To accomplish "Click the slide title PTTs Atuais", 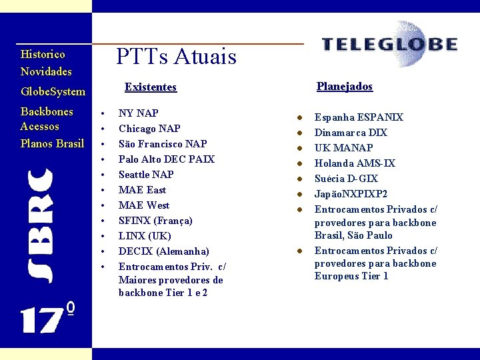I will (176, 56).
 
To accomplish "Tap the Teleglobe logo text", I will (389, 45).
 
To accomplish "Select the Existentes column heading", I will (151, 87).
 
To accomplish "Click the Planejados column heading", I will (345, 87).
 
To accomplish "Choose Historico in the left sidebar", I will (43, 54).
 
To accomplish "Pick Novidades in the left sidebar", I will (46, 71).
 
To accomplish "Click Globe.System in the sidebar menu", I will (53, 91).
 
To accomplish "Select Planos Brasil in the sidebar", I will (52, 143).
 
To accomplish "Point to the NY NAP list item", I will (138, 113).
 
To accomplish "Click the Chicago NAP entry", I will (149, 129).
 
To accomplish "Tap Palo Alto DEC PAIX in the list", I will (167, 159).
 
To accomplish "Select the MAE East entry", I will (142, 190).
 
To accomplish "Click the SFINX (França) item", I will (155, 221).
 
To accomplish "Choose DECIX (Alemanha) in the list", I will (163, 251).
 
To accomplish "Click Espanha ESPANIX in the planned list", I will (359, 117).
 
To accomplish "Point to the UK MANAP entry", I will (343, 148).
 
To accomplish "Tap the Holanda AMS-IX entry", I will (355, 163).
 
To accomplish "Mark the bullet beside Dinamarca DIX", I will (301, 133).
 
